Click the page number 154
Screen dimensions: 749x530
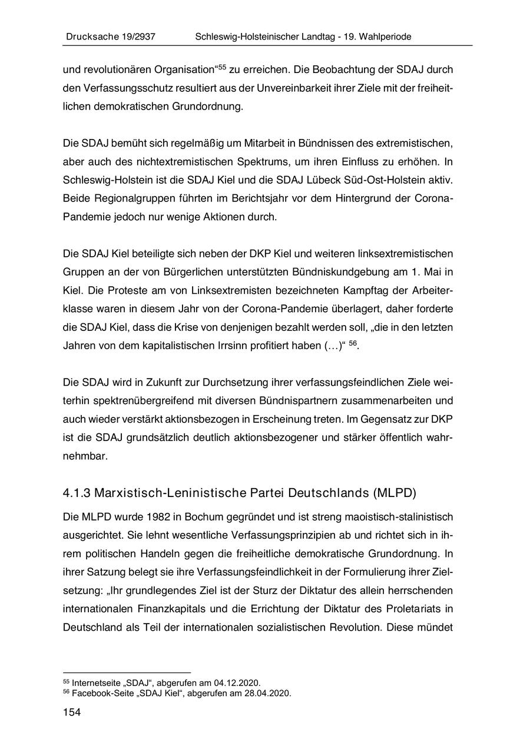click(71, 713)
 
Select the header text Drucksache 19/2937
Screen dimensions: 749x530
click(110, 37)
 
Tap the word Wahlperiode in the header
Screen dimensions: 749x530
click(386, 37)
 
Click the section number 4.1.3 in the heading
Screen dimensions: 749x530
click(76, 492)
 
